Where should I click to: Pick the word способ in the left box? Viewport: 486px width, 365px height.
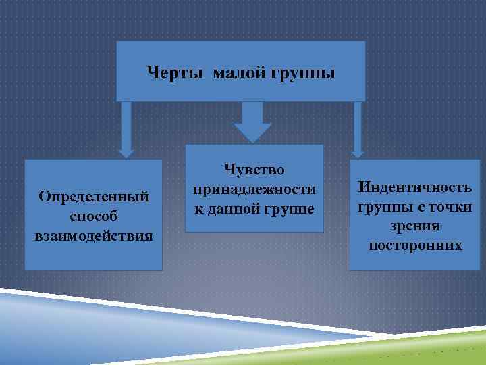click(x=93, y=217)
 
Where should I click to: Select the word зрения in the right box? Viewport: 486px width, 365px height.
click(x=415, y=226)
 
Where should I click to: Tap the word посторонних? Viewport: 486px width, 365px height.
click(x=415, y=245)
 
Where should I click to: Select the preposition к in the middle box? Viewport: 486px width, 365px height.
click(x=198, y=210)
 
